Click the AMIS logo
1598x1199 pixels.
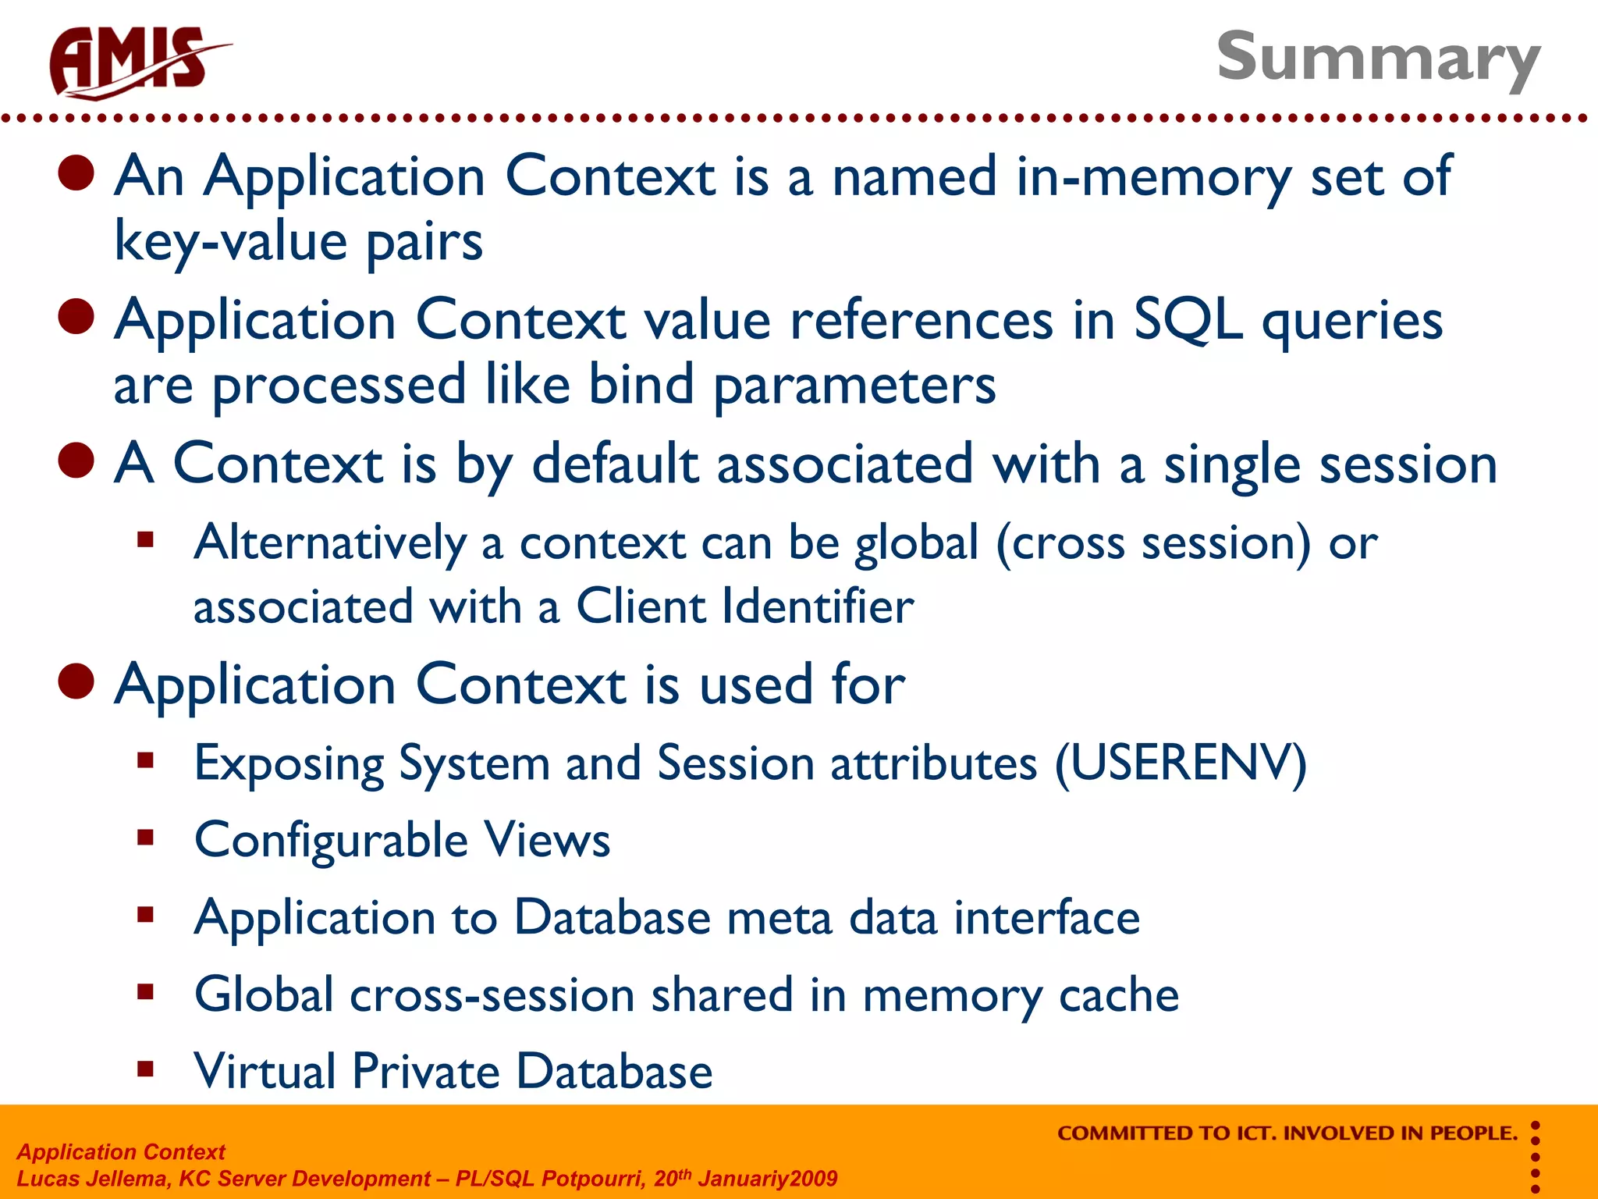coord(137,62)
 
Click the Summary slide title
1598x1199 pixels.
coord(1378,58)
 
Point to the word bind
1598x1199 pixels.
coord(641,385)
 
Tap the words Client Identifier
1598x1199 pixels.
coord(744,607)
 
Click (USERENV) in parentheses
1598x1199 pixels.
coord(1181,763)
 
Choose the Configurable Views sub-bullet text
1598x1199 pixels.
coord(402,841)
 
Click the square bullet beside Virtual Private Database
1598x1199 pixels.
coord(145,1069)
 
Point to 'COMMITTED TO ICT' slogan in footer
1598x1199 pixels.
coord(1287,1133)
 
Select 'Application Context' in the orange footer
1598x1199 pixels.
coord(121,1152)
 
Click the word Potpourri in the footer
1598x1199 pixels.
coord(593,1179)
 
